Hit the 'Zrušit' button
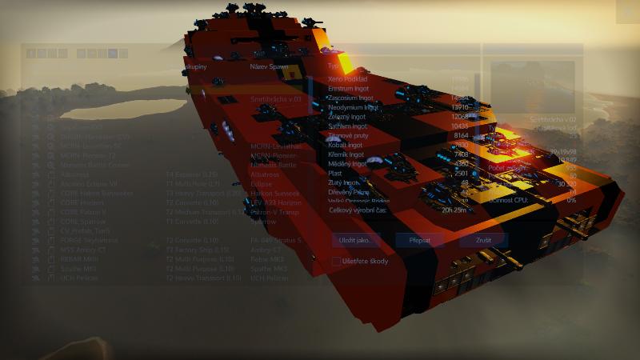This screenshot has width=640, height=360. coord(482,239)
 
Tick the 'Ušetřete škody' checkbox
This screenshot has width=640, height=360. coord(336,261)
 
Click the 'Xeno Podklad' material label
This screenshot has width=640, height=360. coord(349,79)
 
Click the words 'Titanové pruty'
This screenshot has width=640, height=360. coord(349,136)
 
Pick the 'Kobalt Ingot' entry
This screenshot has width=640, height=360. coord(346,146)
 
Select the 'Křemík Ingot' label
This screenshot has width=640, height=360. coord(348,154)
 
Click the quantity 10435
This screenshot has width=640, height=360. coord(460,126)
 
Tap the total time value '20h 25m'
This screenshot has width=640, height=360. coord(454,210)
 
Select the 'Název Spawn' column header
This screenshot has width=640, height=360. coord(269,66)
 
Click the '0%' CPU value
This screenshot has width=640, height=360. coord(571,200)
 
